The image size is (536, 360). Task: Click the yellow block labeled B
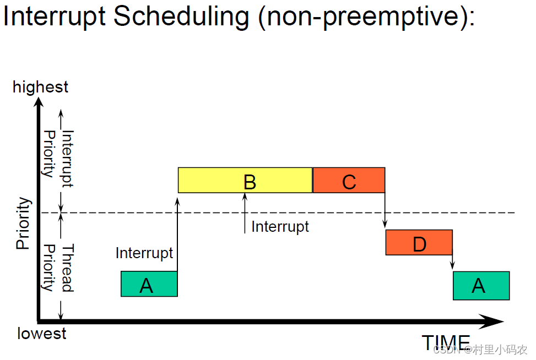tap(245, 180)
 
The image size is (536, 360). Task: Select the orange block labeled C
tap(349, 181)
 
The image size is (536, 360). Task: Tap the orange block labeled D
tap(419, 243)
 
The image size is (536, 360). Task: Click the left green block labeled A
tap(149, 284)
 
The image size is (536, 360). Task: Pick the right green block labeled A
tap(481, 286)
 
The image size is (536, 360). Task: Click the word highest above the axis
tap(41, 87)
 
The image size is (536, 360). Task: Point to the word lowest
tap(42, 334)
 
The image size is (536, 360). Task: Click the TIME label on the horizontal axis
tap(446, 342)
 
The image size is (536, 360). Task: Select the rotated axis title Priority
tap(23, 224)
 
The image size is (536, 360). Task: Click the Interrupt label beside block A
tap(144, 253)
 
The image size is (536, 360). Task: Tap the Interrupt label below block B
tap(280, 226)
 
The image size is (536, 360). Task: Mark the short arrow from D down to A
tap(452, 261)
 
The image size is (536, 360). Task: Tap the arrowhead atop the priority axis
tap(39, 103)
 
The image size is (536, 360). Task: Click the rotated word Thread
tap(67, 268)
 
